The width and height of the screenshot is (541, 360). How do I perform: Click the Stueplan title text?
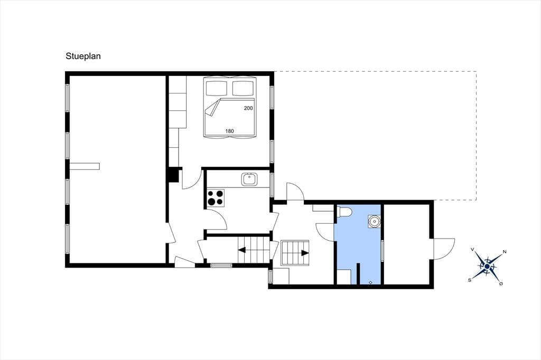[83, 56]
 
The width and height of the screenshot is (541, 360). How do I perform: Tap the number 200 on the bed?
[248, 108]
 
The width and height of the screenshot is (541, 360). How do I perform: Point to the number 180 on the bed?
[229, 131]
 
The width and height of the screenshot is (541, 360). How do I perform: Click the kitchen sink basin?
[249, 179]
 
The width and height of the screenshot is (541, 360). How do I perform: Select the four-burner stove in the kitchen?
[216, 198]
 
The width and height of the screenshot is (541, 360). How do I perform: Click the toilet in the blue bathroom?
[344, 212]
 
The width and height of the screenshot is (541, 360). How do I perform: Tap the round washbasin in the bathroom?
[374, 221]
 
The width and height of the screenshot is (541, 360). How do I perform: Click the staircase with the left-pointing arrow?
[253, 250]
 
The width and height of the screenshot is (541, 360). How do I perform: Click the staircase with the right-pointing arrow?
[295, 253]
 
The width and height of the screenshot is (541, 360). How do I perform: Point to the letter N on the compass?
[505, 252]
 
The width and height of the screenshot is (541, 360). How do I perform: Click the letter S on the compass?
[470, 280]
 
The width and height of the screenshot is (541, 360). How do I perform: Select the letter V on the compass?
[472, 249]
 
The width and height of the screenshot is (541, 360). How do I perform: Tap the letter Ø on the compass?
[501, 283]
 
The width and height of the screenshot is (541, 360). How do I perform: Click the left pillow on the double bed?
[217, 88]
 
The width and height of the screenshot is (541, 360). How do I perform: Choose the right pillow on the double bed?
[243, 88]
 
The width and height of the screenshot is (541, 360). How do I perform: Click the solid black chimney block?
[173, 175]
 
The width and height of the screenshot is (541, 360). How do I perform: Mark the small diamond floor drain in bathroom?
[370, 282]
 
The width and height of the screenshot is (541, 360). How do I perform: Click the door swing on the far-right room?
[444, 249]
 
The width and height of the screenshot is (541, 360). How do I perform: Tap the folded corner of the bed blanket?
[212, 107]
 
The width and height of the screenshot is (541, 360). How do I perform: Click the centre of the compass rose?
[487, 266]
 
